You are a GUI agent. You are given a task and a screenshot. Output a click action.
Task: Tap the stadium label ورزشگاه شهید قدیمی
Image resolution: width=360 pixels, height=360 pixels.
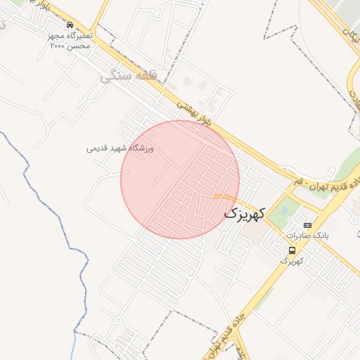(x=120, y=148)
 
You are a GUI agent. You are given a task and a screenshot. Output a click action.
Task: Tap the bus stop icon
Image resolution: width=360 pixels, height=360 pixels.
(x=292, y=250)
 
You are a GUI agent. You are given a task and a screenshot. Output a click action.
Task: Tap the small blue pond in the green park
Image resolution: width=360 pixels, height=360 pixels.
(x=284, y=208)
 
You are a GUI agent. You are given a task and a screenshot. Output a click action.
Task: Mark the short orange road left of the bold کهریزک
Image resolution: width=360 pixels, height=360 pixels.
(x=223, y=196)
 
